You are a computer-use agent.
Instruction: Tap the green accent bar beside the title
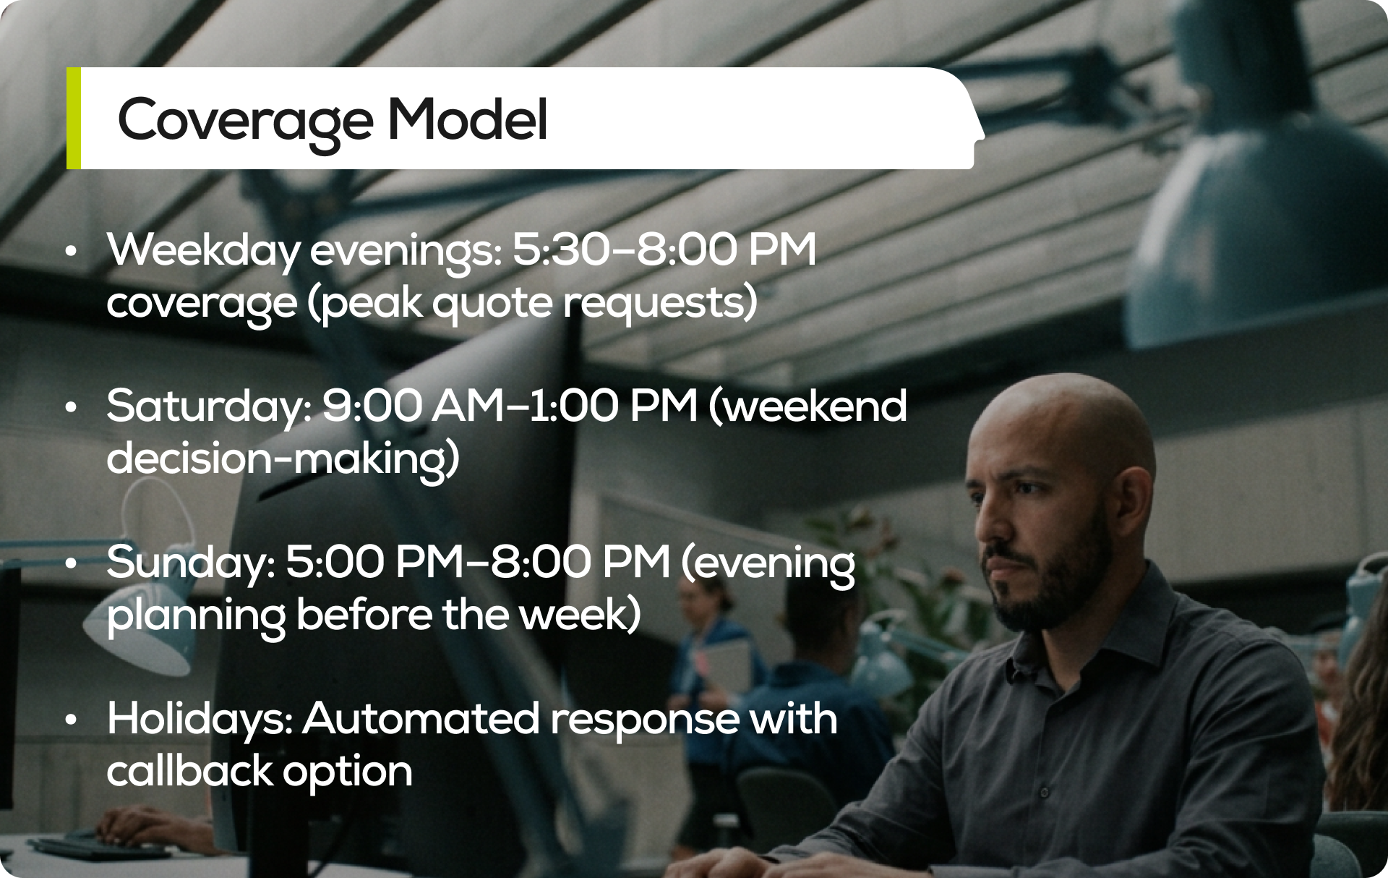click(73, 119)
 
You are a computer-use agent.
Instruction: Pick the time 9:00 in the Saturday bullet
click(371, 406)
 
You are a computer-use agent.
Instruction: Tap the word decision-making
click(283, 459)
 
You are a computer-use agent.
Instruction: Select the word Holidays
click(199, 720)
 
